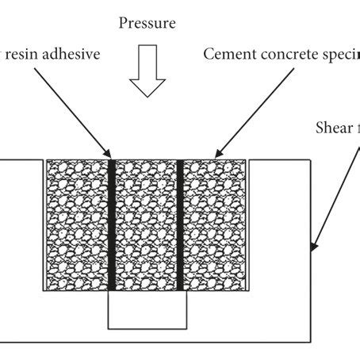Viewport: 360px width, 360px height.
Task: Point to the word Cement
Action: pos(226,55)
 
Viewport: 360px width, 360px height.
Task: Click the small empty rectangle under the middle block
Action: pos(146,312)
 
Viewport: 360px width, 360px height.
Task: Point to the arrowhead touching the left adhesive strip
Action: pos(109,155)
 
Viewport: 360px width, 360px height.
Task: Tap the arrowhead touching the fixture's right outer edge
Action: pos(315,247)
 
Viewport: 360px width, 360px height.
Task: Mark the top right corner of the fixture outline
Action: pos(310,161)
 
